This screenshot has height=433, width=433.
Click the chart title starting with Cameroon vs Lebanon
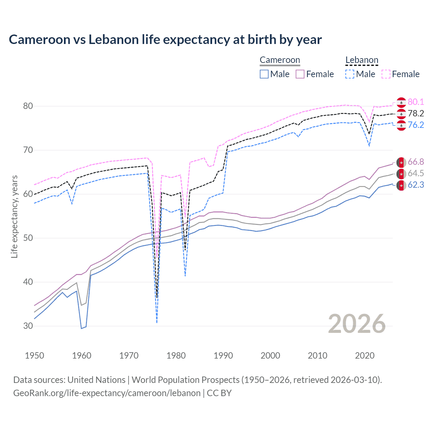pyautogui.click(x=165, y=40)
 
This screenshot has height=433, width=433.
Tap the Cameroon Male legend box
pyautogui.click(x=264, y=74)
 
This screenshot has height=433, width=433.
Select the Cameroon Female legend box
pyautogui.click(x=300, y=74)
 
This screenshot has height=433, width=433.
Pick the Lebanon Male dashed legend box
pyautogui.click(x=350, y=74)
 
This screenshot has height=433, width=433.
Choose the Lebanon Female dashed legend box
pyautogui.click(x=386, y=74)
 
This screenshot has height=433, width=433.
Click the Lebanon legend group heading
pyautogui.click(x=362, y=60)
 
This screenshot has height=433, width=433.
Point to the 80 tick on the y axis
pyautogui.click(x=28, y=106)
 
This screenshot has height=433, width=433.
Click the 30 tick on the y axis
pyautogui.click(x=28, y=326)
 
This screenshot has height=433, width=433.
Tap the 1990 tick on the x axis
pyautogui.click(x=223, y=356)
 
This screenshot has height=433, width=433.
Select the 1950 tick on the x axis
pyautogui.click(x=35, y=356)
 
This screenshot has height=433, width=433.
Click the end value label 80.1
pyautogui.click(x=416, y=102)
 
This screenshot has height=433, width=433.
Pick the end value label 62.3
pyautogui.click(x=416, y=185)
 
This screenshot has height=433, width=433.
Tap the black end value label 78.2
pyautogui.click(x=416, y=113)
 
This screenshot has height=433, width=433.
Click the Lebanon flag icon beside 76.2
pyautogui.click(x=401, y=125)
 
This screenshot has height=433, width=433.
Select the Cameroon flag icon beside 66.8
pyautogui.click(x=401, y=162)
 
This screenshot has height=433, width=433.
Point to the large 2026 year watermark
pyautogui.click(x=357, y=324)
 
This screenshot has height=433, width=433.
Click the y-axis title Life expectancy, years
pyautogui.click(x=14, y=216)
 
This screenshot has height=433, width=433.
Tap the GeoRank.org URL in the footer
pyautogui.click(x=107, y=393)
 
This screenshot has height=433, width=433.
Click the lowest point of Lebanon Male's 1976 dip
pyautogui.click(x=157, y=323)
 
